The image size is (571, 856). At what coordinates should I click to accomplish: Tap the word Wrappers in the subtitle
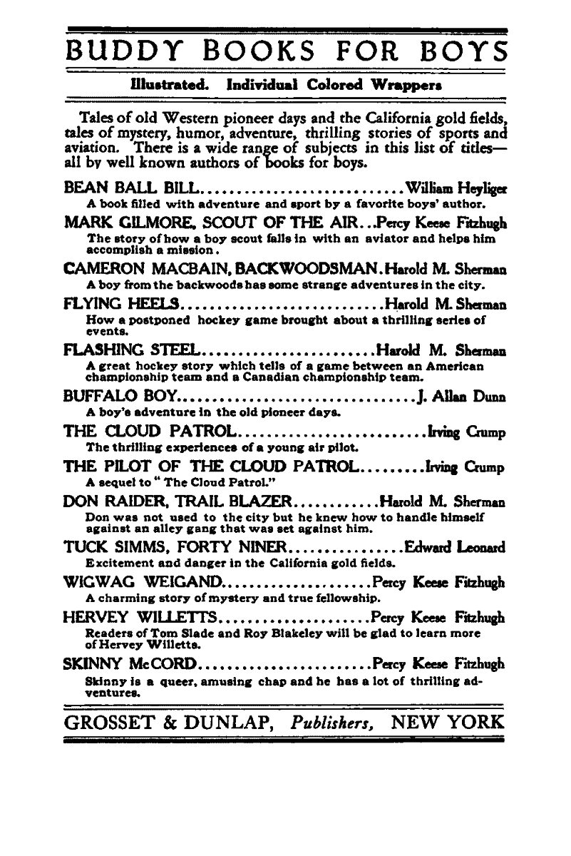tap(404, 83)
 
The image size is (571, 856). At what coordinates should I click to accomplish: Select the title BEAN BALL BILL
tap(133, 189)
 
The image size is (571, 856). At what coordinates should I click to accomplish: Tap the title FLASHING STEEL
tap(133, 351)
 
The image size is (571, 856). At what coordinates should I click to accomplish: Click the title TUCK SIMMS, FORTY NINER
tap(175, 549)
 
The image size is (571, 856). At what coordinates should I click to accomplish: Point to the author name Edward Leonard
tap(455, 549)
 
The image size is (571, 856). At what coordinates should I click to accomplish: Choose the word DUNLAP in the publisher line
tap(226, 723)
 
